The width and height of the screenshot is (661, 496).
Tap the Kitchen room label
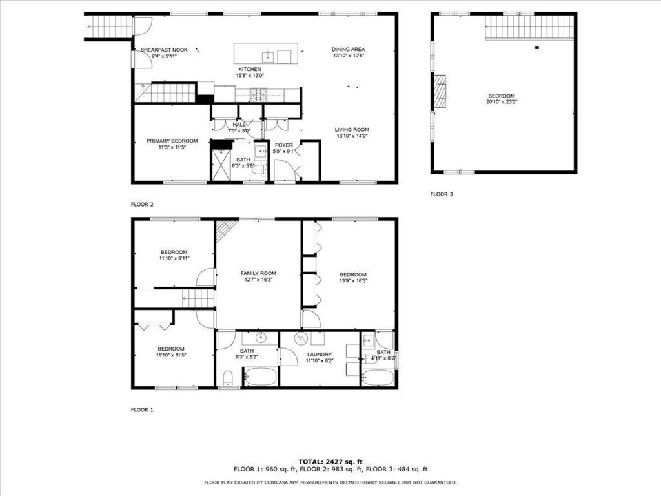pyautogui.click(x=250, y=69)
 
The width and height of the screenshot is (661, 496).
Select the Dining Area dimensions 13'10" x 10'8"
pyautogui.click(x=349, y=56)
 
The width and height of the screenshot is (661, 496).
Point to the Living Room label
pyautogui.click(x=351, y=129)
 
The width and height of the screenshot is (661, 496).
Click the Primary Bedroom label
pyautogui.click(x=172, y=141)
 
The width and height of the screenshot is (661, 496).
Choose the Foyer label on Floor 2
pyautogui.click(x=283, y=145)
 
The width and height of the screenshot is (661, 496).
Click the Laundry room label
pyautogui.click(x=320, y=354)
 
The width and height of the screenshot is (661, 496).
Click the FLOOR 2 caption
pyautogui.click(x=142, y=204)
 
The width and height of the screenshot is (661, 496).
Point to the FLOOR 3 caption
pyautogui.click(x=442, y=194)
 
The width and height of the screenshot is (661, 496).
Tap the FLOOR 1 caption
pyautogui.click(x=142, y=409)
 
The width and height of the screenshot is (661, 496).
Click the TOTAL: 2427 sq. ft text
pyautogui.click(x=330, y=462)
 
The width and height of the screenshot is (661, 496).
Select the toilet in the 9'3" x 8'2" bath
pyautogui.click(x=227, y=378)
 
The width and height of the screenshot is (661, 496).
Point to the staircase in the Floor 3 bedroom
pyautogui.click(x=529, y=27)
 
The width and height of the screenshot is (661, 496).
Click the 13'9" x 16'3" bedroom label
pyautogui.click(x=353, y=274)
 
